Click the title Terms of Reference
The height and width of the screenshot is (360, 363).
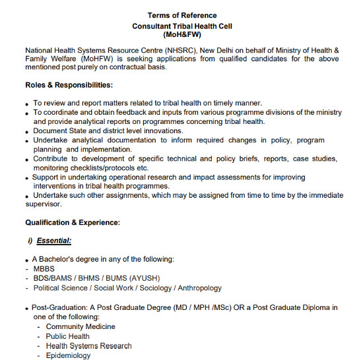click(x=181, y=15)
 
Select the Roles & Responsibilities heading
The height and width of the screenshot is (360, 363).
click(x=69, y=85)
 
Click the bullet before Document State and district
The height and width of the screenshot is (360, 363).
click(x=26, y=132)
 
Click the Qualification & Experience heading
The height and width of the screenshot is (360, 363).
click(x=73, y=223)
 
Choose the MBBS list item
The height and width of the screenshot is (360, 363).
click(x=44, y=269)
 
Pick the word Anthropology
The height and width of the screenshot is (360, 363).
click(x=195, y=288)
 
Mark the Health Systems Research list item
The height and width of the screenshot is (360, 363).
click(x=88, y=345)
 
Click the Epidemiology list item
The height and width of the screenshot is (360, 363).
click(x=68, y=355)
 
